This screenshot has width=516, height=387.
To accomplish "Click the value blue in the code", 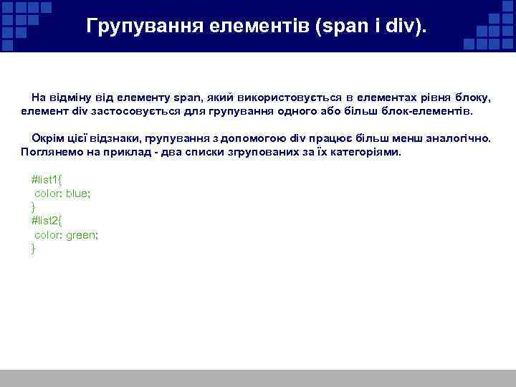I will click(77, 193).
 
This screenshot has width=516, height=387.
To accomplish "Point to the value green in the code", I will click(81, 234).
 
